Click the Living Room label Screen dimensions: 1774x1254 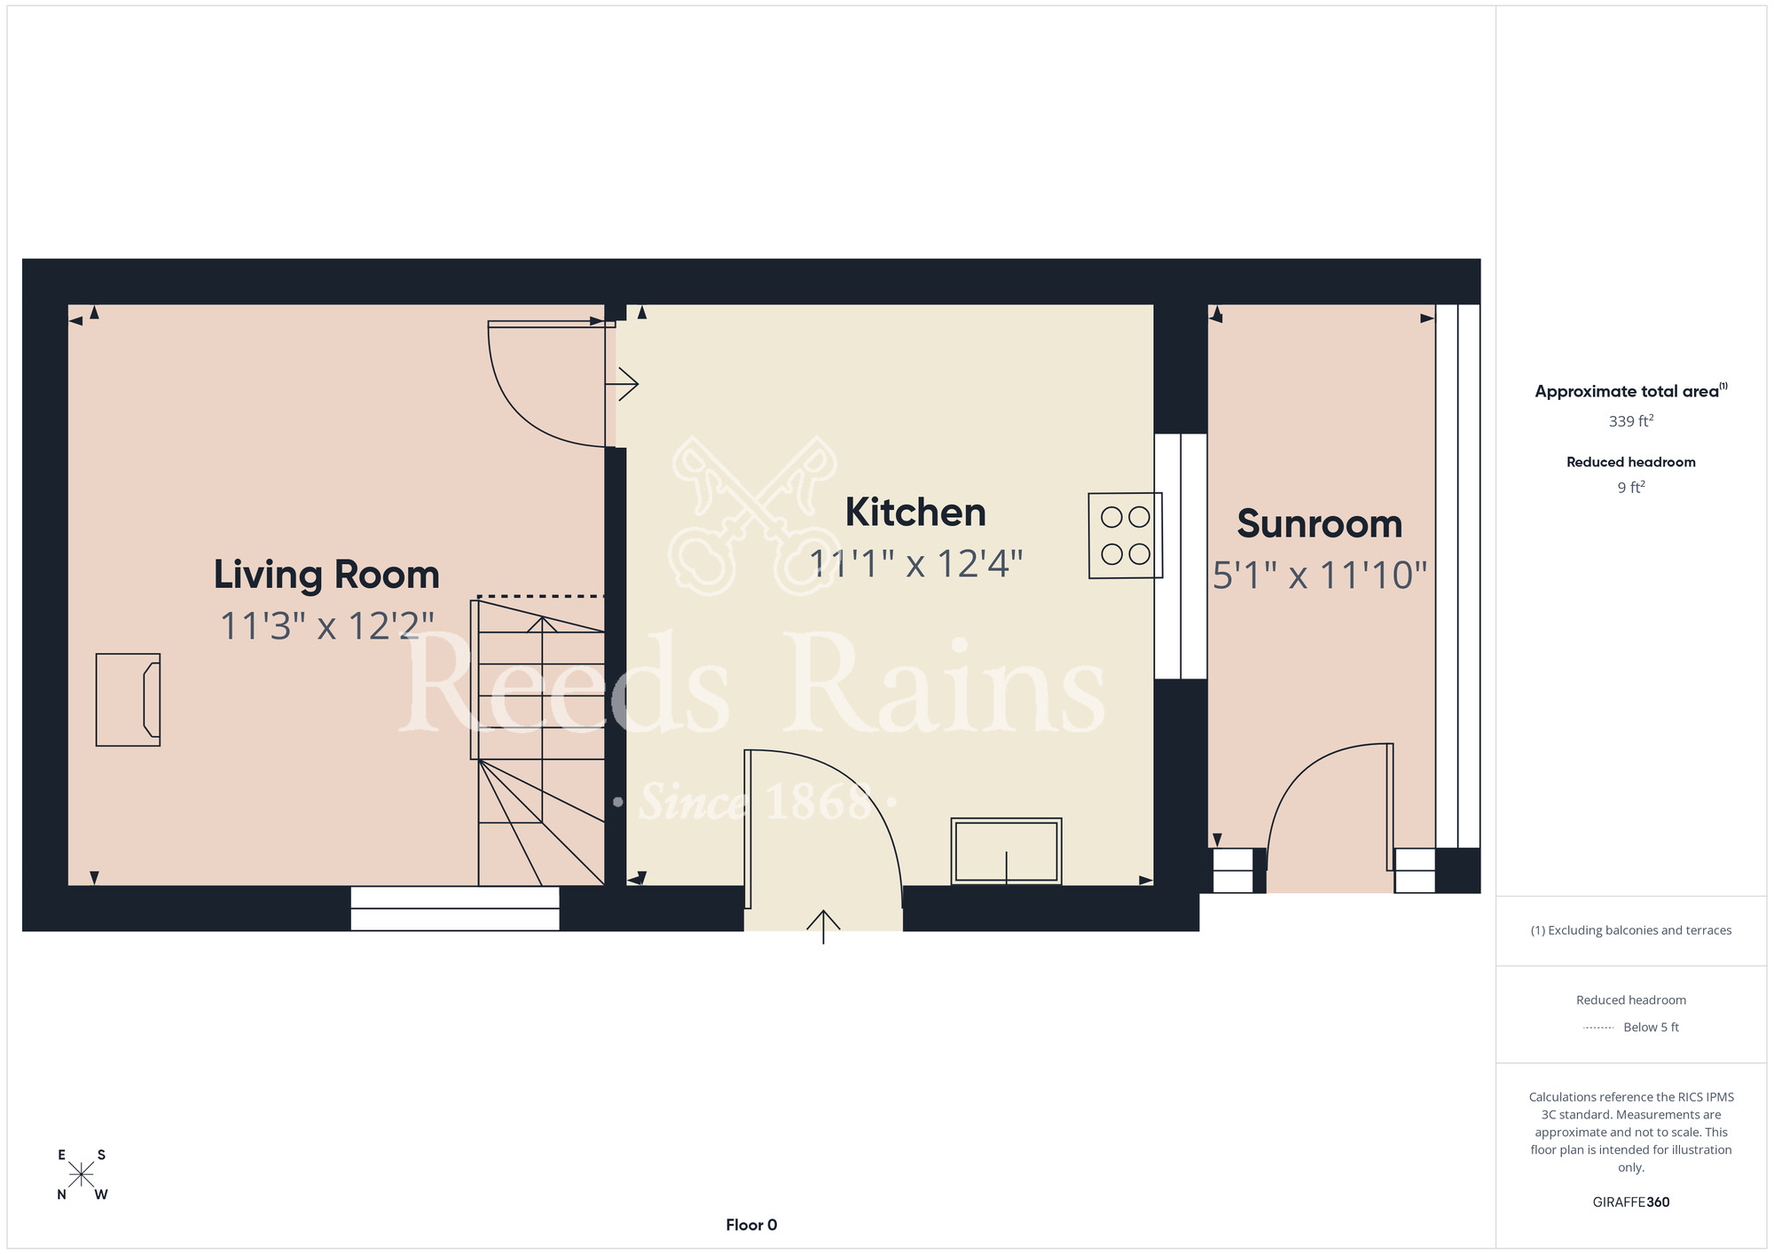point(326,575)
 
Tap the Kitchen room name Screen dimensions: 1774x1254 point(915,512)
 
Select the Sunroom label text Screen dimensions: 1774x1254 point(1320,523)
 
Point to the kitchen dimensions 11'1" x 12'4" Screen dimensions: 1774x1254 point(916,563)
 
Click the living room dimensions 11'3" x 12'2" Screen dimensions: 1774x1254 point(326,626)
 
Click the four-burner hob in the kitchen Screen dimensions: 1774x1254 point(1126,536)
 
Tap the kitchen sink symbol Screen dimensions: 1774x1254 point(1006,851)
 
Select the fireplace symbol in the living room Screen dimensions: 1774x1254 point(129,700)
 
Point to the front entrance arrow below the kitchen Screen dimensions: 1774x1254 point(823,927)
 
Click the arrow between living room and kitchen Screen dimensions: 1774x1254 point(622,384)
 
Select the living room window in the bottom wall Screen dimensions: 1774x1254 point(455,908)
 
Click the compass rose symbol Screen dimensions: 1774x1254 point(82,1175)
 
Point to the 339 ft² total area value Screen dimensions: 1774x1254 point(1631,421)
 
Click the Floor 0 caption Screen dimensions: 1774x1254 point(751,1225)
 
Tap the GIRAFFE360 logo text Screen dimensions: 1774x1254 point(1631,1203)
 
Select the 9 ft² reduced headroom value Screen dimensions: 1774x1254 point(1631,488)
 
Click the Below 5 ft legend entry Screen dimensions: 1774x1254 point(1631,1027)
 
